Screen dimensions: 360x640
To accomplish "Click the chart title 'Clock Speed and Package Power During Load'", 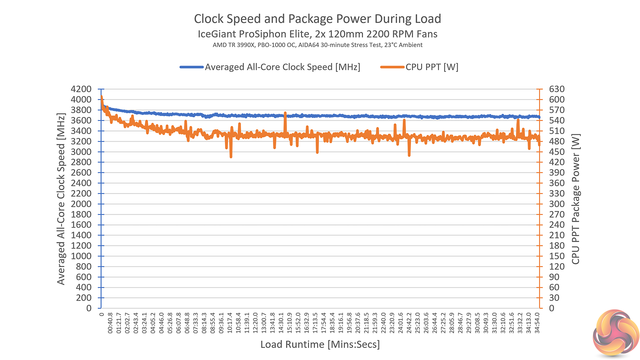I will [317, 19].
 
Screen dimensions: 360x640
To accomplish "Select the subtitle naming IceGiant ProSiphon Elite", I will [317, 34].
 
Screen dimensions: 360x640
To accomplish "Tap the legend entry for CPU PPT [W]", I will [432, 67].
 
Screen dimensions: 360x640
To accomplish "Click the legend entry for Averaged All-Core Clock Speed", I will [282, 67].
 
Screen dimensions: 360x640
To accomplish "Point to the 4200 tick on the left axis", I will [81, 89].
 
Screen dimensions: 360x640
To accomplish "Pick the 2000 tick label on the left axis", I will [81, 204].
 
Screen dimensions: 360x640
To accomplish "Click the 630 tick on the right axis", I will [557, 89].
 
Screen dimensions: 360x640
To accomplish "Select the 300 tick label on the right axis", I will [557, 204].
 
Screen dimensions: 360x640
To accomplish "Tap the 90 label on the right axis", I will [554, 277].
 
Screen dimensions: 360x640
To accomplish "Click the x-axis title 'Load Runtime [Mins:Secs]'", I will [320, 344].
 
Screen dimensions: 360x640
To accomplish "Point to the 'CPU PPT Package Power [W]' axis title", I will [576, 199].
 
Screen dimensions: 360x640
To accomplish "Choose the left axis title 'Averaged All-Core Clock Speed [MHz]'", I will [61, 199].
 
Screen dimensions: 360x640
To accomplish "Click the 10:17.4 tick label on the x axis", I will [230, 323].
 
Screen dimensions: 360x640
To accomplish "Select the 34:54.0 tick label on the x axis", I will [537, 323].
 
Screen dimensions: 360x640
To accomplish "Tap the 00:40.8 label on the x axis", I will [110, 323].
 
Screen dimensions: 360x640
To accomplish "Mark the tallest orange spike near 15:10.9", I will [285, 113].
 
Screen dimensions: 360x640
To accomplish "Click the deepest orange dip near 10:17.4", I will [231, 156].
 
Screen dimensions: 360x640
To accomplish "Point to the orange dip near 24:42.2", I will [409, 155].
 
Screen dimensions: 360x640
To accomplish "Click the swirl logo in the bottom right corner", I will [616, 333].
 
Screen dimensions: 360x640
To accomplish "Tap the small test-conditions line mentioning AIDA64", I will [317, 45].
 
